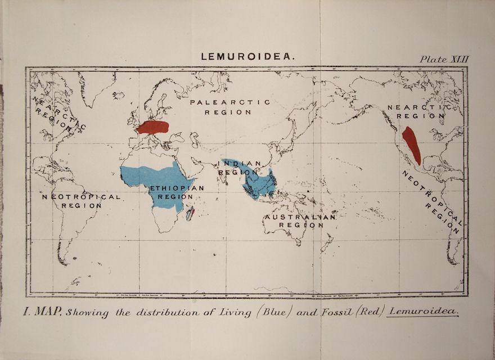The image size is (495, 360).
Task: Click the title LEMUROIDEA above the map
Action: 247,57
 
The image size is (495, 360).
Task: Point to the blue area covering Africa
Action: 160,180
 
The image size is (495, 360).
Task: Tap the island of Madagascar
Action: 190,213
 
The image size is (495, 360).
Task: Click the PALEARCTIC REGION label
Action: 228,107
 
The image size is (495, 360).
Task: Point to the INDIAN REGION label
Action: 240,168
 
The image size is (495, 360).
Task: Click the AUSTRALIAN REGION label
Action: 300,220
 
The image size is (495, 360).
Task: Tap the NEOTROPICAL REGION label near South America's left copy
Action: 82,201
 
